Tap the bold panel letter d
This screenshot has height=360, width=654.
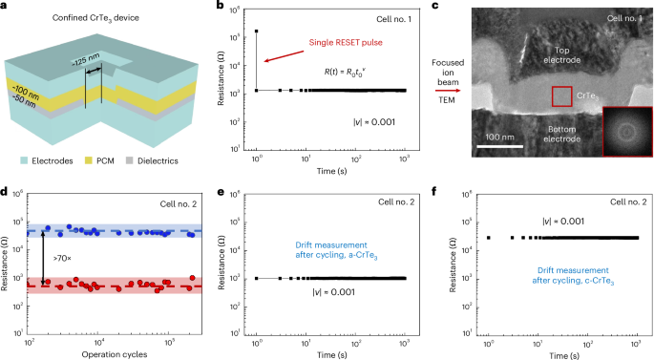(5, 191)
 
